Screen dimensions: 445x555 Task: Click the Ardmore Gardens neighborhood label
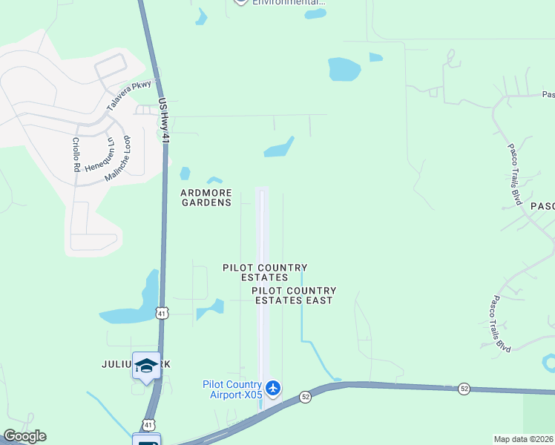click(x=206, y=197)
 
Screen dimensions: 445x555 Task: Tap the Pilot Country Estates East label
click(x=294, y=295)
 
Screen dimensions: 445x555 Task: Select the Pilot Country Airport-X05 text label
click(x=232, y=389)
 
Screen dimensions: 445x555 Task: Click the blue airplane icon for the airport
click(x=273, y=387)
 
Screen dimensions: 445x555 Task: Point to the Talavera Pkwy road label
click(x=134, y=95)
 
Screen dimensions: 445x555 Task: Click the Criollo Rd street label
click(x=76, y=154)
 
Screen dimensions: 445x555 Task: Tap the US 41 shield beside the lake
click(x=162, y=313)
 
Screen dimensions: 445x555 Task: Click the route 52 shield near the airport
click(x=305, y=397)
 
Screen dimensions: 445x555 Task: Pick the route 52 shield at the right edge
click(x=464, y=388)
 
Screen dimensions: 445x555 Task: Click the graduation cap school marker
click(x=146, y=365)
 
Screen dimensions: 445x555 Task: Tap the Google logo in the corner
click(x=24, y=436)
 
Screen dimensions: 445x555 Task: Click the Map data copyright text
click(x=523, y=439)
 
